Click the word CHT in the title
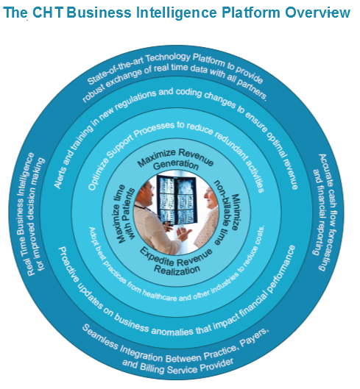point(47,13)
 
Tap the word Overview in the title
point(317,13)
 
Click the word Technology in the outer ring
point(168,58)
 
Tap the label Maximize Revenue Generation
point(176,160)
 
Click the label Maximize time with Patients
point(125,214)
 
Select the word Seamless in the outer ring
point(100,338)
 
